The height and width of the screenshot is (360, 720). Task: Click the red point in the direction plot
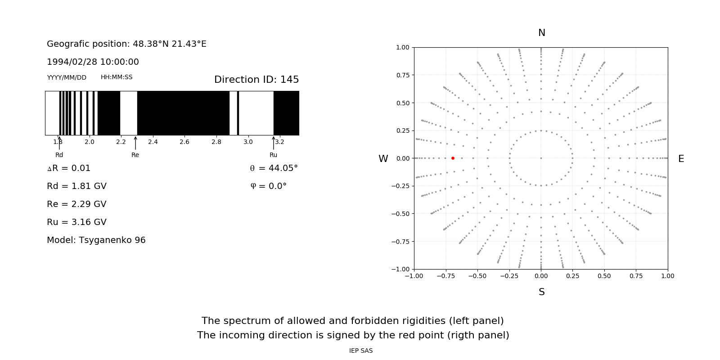click(x=453, y=158)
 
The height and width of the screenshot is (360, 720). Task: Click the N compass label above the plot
click(x=541, y=33)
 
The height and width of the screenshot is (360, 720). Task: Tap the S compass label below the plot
click(x=541, y=292)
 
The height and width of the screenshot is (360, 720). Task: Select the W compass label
click(x=383, y=159)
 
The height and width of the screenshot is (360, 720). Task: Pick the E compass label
click(x=681, y=159)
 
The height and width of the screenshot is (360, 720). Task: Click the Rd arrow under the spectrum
click(x=59, y=143)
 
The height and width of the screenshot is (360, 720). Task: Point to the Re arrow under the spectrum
click(x=135, y=143)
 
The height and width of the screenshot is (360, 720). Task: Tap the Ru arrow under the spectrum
click(x=274, y=143)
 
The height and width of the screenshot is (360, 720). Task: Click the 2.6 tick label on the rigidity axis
click(x=184, y=142)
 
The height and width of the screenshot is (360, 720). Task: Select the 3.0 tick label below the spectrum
click(x=248, y=142)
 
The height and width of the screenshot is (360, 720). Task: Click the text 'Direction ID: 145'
click(x=256, y=80)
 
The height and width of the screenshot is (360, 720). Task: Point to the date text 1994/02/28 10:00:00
click(x=93, y=62)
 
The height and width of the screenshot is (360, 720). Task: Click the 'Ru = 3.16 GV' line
click(x=76, y=222)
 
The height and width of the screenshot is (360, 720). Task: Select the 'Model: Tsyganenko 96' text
click(x=96, y=240)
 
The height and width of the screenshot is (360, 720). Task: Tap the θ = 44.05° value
click(x=274, y=168)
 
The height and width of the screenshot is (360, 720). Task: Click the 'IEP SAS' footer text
click(x=360, y=351)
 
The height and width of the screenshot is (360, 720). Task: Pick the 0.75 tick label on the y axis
click(x=402, y=75)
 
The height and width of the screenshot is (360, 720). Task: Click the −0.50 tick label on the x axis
click(x=477, y=276)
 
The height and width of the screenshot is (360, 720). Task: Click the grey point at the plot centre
click(x=541, y=158)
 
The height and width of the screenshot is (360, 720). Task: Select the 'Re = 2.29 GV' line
click(x=76, y=204)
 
